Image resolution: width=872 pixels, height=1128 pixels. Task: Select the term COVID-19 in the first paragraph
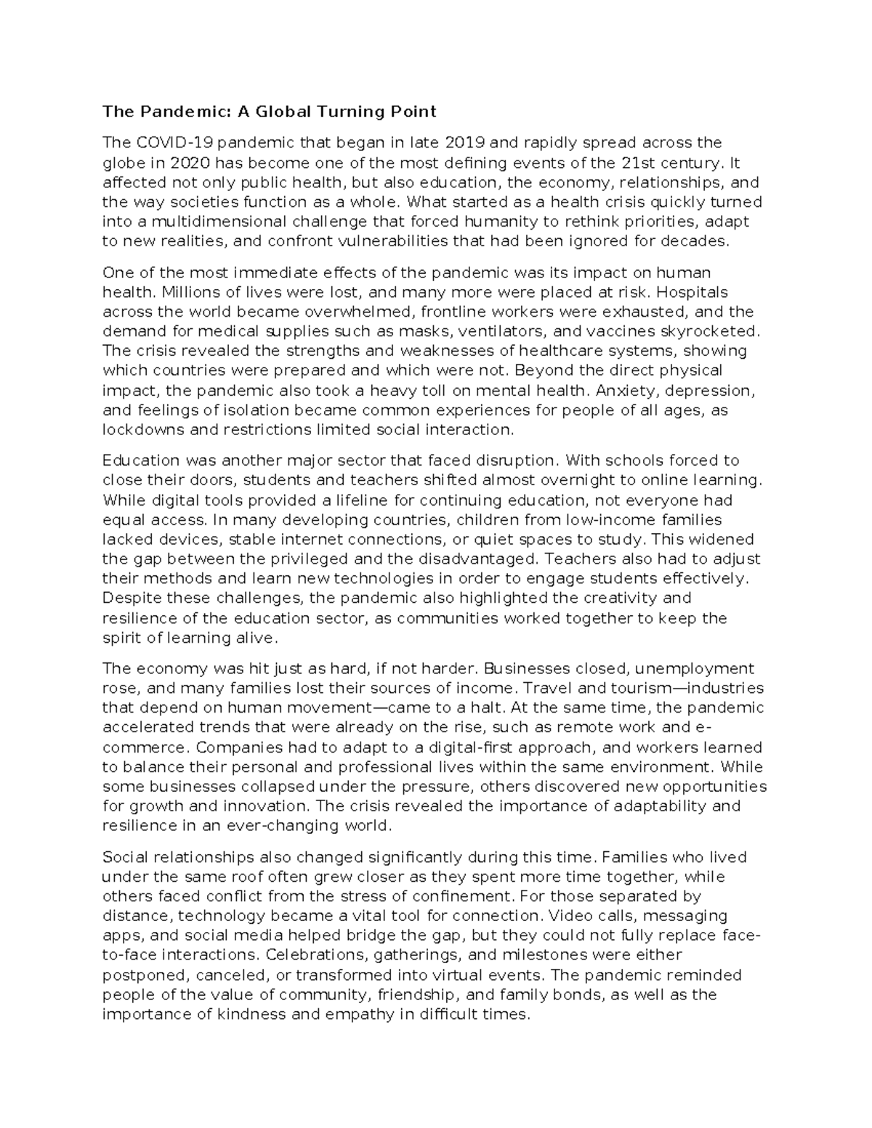click(x=172, y=142)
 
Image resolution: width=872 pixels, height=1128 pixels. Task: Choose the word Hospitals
click(x=698, y=292)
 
